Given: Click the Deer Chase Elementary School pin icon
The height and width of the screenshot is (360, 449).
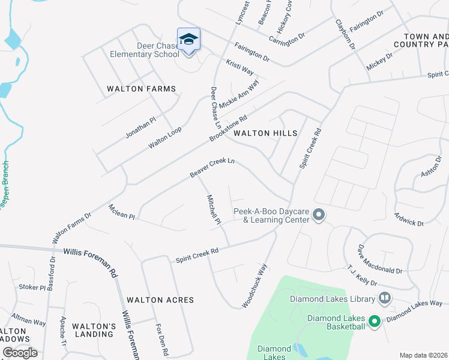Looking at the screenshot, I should coord(188,40).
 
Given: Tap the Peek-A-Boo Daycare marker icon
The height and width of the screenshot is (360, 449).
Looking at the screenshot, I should coord(319,214).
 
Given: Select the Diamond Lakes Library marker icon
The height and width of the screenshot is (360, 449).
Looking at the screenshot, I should coord(384,298).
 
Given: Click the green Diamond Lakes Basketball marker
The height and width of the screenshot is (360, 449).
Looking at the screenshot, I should coord(375,322).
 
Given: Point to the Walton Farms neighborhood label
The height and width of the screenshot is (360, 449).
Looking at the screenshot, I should coord(142,89).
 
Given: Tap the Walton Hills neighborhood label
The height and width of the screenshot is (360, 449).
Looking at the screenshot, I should coord(265,133).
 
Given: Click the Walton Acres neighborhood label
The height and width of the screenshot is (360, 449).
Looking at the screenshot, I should coord(160,299).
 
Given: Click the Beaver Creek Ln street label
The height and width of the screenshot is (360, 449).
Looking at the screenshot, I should coord(212,168).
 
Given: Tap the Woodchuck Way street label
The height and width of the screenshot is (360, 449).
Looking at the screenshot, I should coord(254,286).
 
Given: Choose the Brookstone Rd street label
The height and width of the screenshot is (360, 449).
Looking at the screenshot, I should coord(228,128).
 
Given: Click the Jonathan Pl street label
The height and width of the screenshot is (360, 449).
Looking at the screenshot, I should coord(140,128).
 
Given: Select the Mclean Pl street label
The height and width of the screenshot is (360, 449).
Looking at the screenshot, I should coord(122,212).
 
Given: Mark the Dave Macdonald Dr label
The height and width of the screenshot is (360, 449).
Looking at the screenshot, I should coord(380,259).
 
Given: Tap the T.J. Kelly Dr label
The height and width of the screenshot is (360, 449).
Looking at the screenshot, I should coord(361,275).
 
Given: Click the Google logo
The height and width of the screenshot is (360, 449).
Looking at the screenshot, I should coord(20,353).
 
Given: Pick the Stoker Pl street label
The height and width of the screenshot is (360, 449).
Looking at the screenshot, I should coord(32,287).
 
